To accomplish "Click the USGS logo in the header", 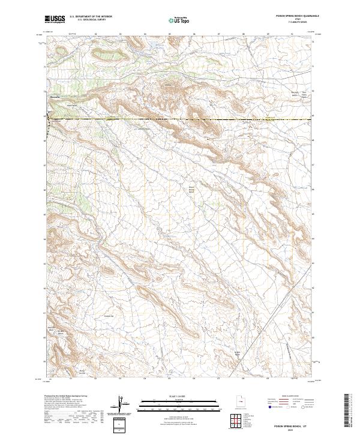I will [x=55, y=19].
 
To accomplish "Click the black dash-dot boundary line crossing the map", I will [x=180, y=120].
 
